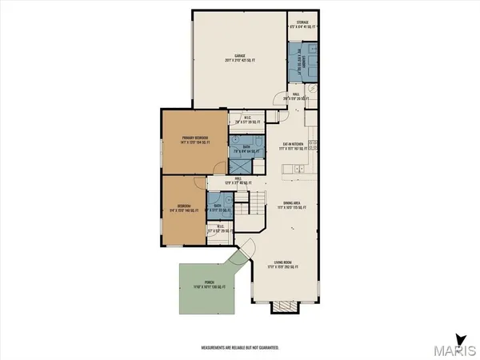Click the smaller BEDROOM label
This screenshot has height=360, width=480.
185,208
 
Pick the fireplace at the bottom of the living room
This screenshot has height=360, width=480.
283,308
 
